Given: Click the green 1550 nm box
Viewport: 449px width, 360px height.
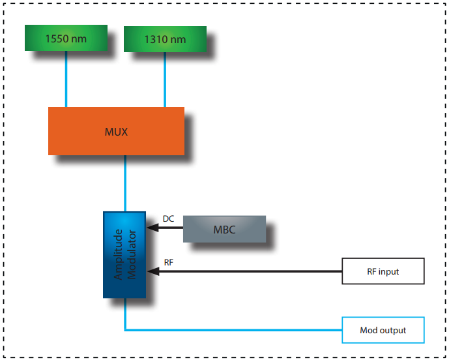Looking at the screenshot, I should coord(66,38).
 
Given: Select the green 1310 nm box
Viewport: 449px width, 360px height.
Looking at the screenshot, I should coord(164,39).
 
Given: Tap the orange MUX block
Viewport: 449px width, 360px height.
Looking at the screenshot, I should coord(116,131).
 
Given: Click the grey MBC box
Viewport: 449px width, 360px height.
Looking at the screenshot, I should coord(224,230).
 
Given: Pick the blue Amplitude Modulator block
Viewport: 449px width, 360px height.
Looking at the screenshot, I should coord(125,254).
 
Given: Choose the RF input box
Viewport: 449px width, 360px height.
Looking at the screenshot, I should coord(383,271).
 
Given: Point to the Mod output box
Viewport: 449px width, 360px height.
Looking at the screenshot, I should coord(383,330).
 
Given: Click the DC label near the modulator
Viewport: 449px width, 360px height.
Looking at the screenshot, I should coord(168,219).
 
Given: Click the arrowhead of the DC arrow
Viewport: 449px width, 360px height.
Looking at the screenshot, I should coord(151,228).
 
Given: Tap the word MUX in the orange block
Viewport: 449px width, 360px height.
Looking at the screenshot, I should coord(116,132).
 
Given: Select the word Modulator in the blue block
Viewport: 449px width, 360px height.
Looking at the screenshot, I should coord(132,254).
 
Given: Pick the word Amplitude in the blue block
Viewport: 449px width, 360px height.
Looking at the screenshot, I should coord(119,254).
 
